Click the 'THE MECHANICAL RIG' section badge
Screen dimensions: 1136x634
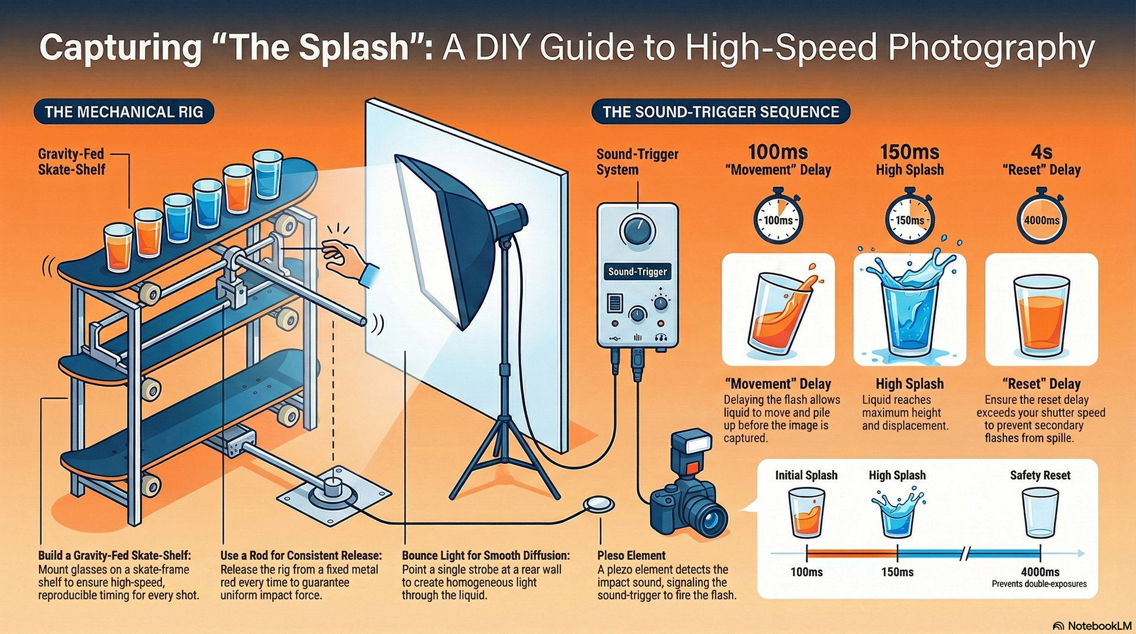[x=124, y=112]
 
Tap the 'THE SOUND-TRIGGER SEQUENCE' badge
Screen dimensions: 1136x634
[x=721, y=112]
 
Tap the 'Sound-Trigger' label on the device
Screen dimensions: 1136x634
[x=638, y=271]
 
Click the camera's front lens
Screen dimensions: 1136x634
[x=711, y=520]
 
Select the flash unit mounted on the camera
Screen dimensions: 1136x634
[x=691, y=452]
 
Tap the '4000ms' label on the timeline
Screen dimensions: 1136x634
[x=1040, y=572]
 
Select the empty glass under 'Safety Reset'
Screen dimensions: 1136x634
[x=1040, y=512]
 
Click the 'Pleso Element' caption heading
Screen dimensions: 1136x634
[x=631, y=555]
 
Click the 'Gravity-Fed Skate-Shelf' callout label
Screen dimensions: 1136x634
[x=72, y=161]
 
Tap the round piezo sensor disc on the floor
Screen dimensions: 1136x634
[x=598, y=504]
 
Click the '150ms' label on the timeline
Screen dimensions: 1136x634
[x=898, y=572]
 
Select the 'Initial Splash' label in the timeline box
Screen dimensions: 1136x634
[x=806, y=475]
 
